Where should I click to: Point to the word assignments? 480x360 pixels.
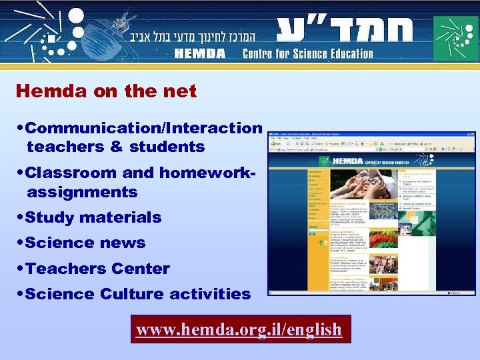tap(82, 192)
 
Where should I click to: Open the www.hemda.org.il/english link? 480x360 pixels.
tap(239, 329)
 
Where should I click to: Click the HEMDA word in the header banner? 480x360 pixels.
tap(199, 53)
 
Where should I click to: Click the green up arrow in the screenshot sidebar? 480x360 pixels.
tap(312, 243)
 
